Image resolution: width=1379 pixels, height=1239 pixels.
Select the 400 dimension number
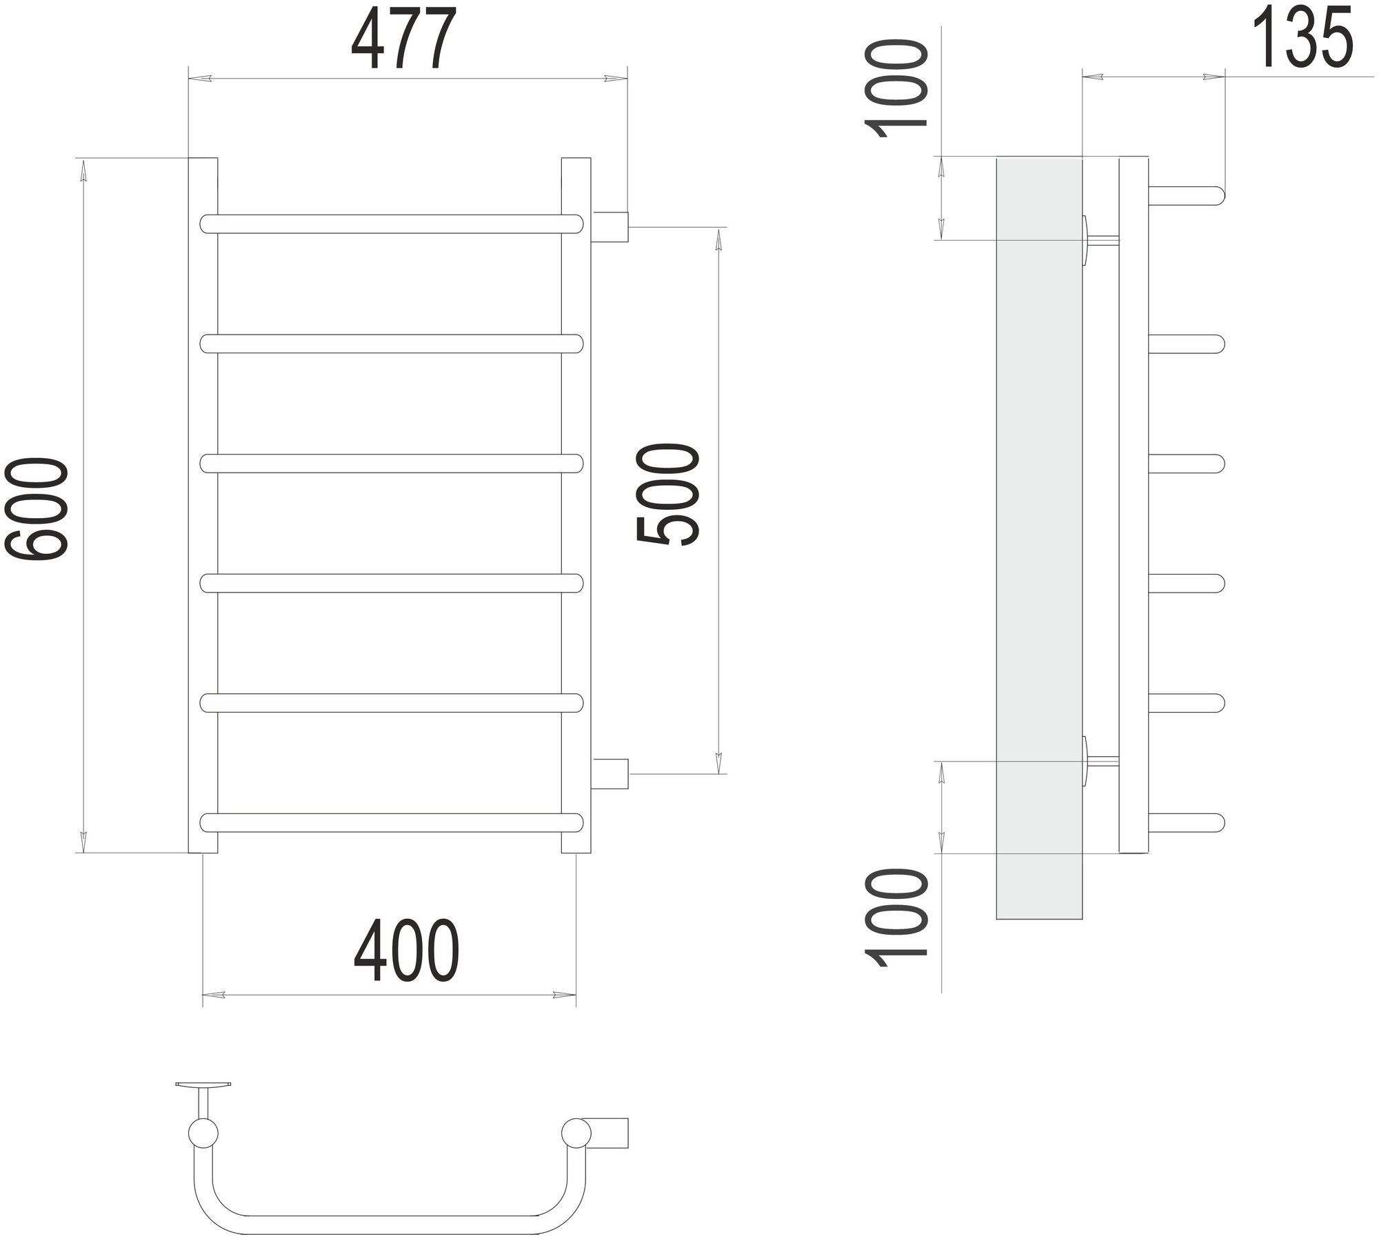click(x=405, y=951)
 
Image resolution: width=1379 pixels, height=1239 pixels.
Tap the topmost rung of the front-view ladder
click(x=392, y=224)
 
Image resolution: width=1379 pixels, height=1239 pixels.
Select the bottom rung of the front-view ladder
click(x=392, y=823)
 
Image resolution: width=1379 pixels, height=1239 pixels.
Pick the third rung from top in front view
click(x=392, y=463)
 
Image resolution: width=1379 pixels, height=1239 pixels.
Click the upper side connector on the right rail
click(x=610, y=227)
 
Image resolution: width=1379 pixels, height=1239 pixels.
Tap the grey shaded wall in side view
click(x=1038, y=538)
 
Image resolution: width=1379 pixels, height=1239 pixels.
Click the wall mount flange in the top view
click(x=203, y=1104)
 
